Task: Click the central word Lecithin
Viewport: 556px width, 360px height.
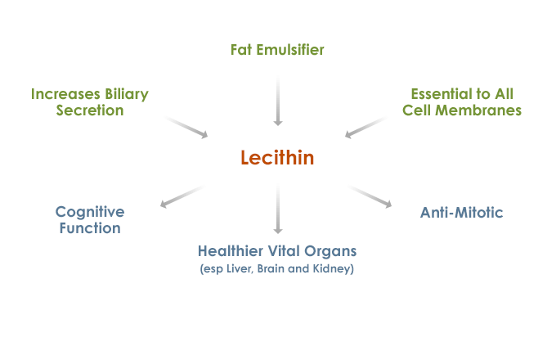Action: pos(277,158)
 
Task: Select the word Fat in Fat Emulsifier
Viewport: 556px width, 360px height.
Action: pos(241,50)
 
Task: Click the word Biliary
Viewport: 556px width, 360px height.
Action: pos(125,93)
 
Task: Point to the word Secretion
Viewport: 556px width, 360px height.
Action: pos(90,110)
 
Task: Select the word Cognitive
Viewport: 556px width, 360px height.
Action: pos(89,212)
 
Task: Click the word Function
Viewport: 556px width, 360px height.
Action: pos(89,228)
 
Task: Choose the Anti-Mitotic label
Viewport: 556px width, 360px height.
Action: pos(461,213)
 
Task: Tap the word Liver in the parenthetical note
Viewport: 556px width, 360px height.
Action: pos(240,268)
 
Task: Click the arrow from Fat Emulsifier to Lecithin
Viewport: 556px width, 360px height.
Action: pos(278,101)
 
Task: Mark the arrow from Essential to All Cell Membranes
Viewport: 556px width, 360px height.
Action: pos(365,127)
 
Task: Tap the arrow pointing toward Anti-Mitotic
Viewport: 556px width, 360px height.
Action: pos(371,197)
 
